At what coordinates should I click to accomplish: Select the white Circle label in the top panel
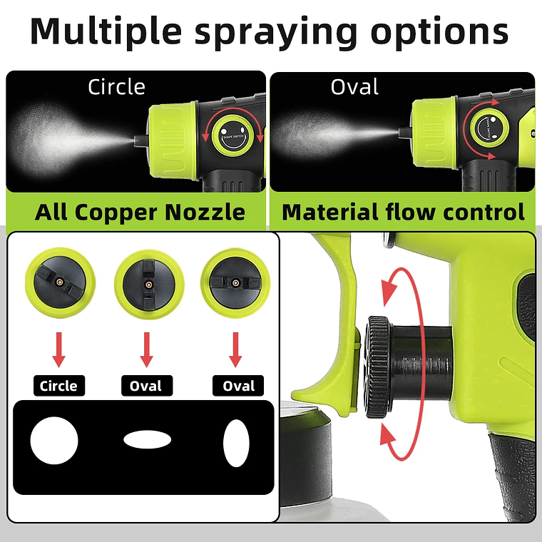tap(116, 87)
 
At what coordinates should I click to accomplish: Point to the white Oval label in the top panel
tap(354, 87)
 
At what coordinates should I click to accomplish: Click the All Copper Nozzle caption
tap(140, 212)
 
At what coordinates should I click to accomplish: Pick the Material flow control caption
tap(403, 212)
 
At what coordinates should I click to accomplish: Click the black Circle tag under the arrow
tap(58, 386)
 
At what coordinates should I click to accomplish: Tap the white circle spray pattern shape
tap(53, 442)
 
